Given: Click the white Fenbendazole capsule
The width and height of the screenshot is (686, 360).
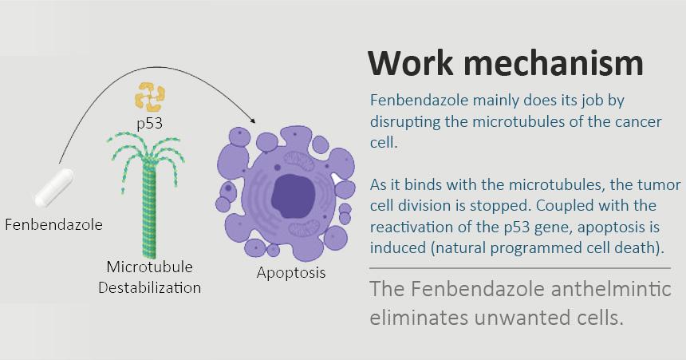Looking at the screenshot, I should point(53,187).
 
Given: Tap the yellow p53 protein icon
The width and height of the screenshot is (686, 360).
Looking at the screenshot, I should point(149,97).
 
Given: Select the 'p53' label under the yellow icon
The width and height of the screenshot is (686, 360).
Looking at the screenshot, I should point(150,123).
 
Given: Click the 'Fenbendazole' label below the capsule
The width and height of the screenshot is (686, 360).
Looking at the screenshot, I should point(53,224).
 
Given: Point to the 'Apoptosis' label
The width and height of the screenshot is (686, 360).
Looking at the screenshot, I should point(291,272).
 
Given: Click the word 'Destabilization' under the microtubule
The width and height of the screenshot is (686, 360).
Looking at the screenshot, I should point(149,287).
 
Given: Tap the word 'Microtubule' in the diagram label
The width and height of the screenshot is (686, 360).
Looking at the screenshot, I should point(150,267).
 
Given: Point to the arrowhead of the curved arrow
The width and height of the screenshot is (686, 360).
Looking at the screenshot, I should point(254,120).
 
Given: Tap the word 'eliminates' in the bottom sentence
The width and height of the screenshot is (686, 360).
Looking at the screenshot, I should point(416,317).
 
